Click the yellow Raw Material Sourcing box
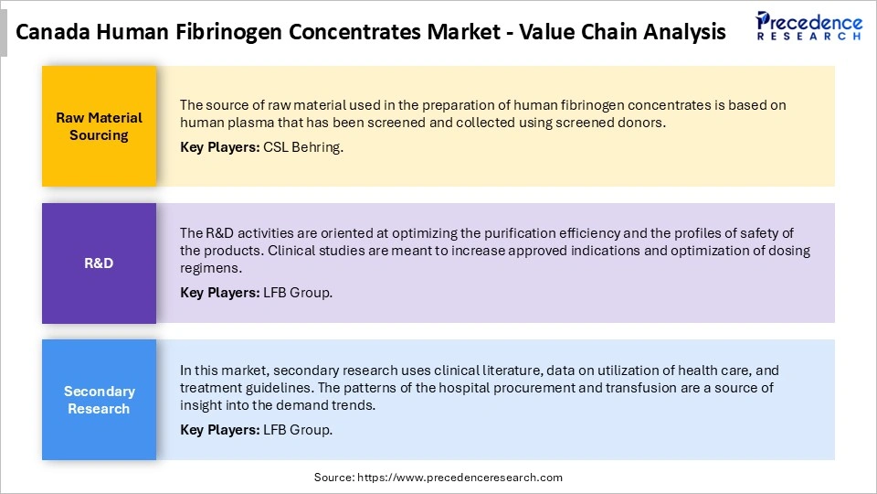99,126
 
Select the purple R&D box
99,263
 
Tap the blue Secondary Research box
99,400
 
